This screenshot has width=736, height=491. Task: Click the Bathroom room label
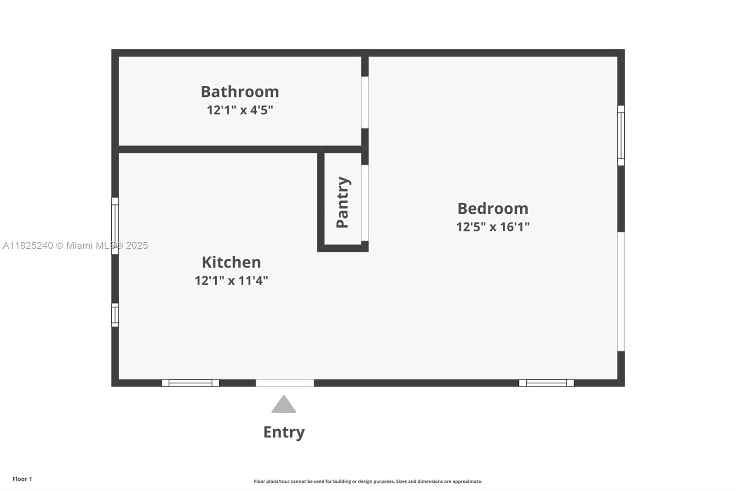pos(240,92)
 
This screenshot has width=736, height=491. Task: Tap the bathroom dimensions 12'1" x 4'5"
pos(240,110)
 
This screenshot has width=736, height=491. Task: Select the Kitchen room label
pos(231,262)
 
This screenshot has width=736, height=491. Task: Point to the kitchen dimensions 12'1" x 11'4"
pos(231,281)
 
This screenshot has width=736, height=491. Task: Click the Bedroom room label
pos(493,208)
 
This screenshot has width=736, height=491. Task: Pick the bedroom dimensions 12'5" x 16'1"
pos(493,227)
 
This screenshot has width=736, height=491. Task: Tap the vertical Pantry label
pos(343,202)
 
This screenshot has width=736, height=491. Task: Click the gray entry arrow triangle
pos(284,404)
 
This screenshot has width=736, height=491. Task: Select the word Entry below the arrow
pos(284,432)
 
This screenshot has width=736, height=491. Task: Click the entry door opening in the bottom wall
pos(285,383)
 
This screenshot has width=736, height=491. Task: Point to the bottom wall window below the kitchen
pos(190,383)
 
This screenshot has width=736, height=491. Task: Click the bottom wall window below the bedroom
pos(546,383)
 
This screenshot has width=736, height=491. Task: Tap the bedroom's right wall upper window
pos(621,135)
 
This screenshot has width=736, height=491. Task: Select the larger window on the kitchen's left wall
pos(115,226)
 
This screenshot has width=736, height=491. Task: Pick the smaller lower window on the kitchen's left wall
pos(115,315)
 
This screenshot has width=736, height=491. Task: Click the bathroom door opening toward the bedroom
pos(365,102)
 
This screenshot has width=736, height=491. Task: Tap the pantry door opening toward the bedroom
pos(365,203)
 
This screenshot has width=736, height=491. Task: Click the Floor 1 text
pos(22,479)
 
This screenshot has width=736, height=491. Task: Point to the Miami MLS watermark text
pos(75,245)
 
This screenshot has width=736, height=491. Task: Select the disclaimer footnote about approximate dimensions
pos(368,481)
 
